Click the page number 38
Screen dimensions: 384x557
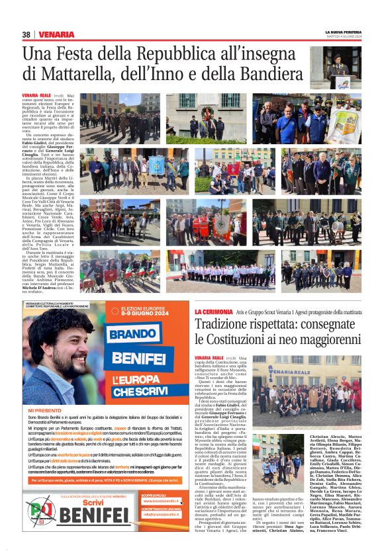point(26,34)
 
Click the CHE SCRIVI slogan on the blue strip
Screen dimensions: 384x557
point(142,392)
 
